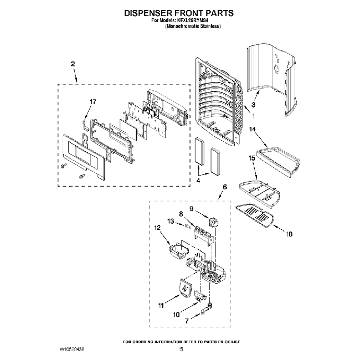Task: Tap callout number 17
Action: [93, 101]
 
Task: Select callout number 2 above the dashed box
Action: [73, 64]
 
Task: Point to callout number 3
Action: [253, 105]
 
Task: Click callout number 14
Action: [252, 130]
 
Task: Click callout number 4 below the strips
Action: [198, 180]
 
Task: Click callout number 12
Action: [157, 227]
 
